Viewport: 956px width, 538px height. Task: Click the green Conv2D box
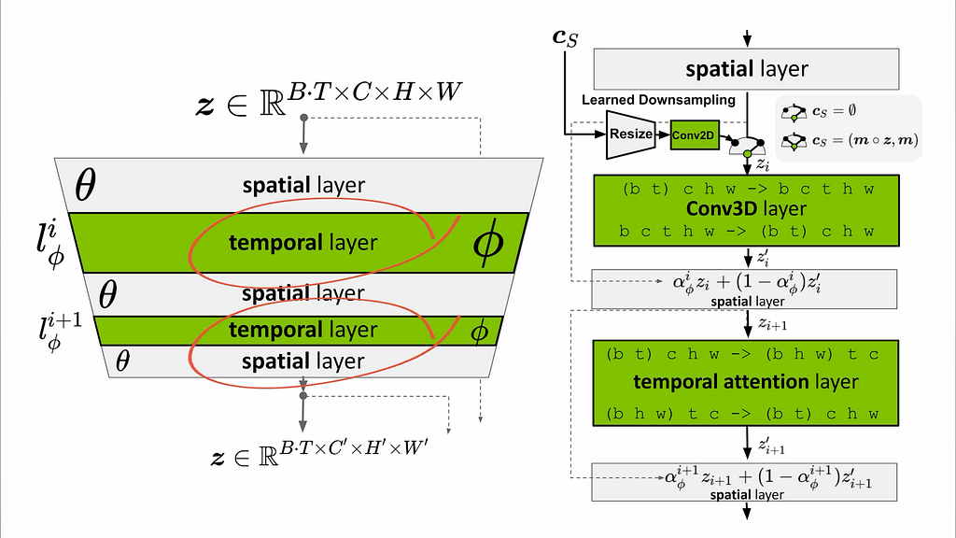695,134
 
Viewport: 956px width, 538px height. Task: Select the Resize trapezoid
630,134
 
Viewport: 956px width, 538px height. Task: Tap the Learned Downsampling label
658,100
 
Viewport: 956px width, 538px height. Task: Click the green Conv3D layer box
746,210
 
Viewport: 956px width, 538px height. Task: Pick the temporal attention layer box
746,383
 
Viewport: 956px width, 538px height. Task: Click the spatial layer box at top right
746,69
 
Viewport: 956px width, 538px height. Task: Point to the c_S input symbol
565,37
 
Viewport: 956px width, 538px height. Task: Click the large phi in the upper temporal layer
488,242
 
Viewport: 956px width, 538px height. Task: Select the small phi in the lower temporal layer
480,332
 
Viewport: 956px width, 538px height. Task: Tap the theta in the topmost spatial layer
85,185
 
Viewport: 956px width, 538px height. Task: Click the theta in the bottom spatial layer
122,361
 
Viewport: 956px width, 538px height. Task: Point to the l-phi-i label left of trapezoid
50,245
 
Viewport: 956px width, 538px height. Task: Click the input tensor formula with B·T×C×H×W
329,98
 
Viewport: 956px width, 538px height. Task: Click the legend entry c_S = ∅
819,112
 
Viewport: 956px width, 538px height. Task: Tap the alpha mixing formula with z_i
746,282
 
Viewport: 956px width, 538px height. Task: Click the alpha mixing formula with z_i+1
767,477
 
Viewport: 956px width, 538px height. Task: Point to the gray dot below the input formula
303,117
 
